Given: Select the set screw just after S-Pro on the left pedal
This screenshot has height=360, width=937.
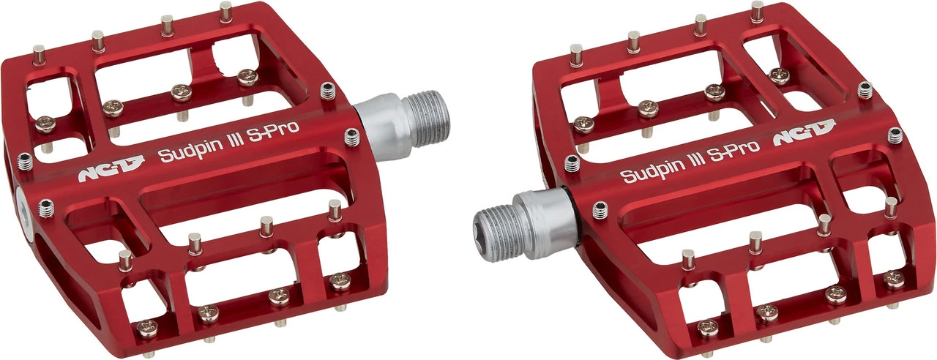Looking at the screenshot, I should [x=351, y=136].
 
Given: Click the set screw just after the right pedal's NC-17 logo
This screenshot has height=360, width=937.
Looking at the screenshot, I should [x=895, y=135].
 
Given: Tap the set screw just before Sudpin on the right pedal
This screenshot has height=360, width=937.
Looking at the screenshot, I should [x=572, y=163].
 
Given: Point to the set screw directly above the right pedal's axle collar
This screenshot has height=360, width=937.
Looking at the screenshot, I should [x=600, y=210].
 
